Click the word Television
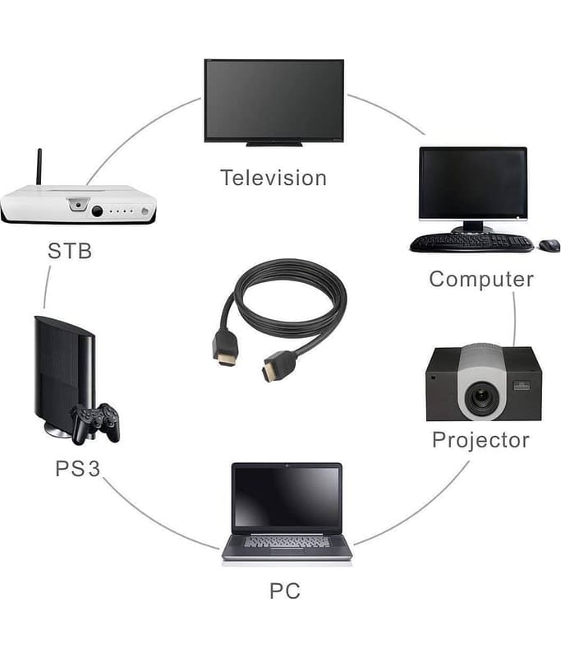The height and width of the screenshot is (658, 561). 273,178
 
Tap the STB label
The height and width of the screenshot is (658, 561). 69,251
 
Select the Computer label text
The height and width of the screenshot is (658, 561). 481,279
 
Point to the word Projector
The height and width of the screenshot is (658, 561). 481,439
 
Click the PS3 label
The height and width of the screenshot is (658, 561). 77,469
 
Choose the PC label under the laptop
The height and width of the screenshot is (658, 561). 284,590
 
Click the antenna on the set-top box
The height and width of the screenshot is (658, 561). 38,168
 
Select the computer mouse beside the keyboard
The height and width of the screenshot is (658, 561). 549,245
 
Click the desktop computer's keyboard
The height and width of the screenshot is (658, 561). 471,243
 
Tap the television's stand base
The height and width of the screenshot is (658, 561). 274,144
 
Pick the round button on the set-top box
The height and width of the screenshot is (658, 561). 97,211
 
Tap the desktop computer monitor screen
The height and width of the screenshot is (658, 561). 472,183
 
